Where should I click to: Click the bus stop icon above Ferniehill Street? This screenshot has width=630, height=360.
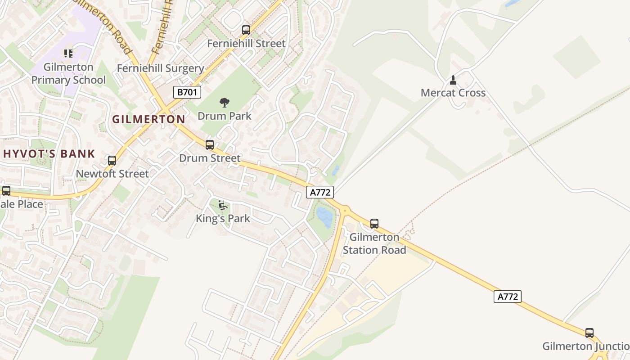[246, 30]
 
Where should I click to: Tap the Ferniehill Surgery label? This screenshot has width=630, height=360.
[160, 68]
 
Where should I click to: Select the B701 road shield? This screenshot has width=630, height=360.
[187, 92]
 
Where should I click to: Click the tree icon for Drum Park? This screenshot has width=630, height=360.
[224, 103]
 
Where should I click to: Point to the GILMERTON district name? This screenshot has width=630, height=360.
[148, 119]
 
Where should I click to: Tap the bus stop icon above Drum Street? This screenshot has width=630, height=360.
[210, 145]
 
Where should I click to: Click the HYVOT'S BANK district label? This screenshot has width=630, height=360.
[49, 154]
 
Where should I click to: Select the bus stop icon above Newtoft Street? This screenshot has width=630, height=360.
[112, 161]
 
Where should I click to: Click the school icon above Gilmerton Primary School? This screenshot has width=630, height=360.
[68, 54]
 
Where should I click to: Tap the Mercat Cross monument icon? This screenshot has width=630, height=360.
[453, 80]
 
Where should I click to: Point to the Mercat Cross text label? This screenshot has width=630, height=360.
[453, 93]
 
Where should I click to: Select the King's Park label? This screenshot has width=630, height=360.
[223, 219]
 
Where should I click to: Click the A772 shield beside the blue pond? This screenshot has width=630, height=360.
[320, 192]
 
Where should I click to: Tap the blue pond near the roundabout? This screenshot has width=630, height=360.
[324, 217]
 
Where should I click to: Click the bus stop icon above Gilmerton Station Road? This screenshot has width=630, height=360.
[374, 223]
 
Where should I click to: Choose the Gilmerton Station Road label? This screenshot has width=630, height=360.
[374, 243]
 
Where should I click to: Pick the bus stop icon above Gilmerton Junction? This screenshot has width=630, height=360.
[589, 333]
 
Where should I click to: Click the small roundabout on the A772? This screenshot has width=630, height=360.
[345, 209]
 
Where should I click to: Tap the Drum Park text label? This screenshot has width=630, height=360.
[225, 116]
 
